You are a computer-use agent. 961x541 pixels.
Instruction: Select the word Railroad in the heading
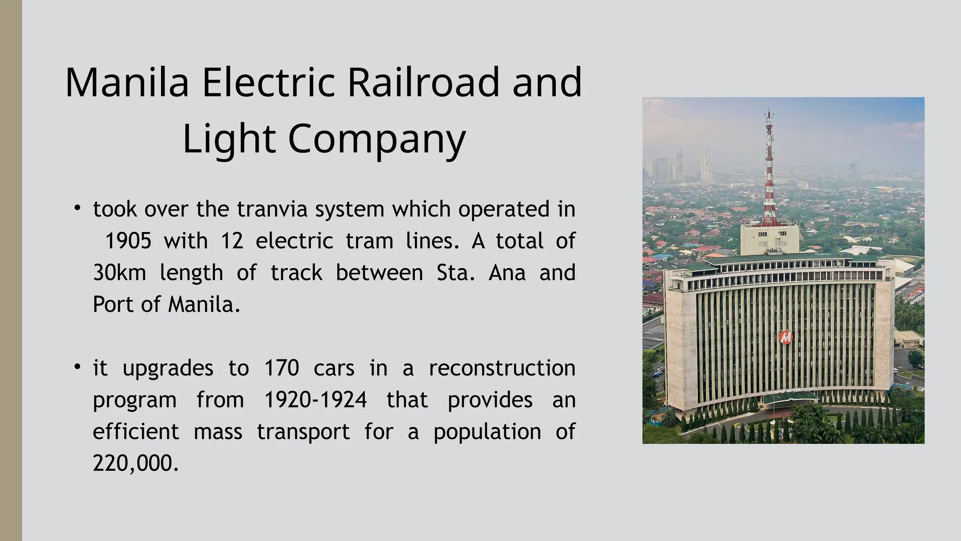[423, 83]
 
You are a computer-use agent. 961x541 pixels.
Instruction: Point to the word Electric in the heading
[268, 83]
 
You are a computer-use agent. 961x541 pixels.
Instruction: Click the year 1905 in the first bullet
[128, 241]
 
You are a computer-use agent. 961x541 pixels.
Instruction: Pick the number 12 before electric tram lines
[232, 241]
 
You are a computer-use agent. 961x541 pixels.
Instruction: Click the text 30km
[120, 273]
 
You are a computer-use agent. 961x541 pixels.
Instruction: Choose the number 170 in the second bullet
[282, 368]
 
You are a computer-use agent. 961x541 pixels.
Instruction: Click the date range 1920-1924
[315, 400]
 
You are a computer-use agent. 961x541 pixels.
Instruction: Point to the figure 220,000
[136, 464]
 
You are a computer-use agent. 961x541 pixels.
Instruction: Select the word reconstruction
[502, 368]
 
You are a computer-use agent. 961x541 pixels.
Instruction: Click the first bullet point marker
[77, 207]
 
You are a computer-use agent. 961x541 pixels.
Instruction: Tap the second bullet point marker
[77, 367]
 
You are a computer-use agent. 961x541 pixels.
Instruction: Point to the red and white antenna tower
[769, 174]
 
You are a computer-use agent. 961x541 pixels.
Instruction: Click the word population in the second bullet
[487, 432]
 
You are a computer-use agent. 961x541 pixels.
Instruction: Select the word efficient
[136, 432]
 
